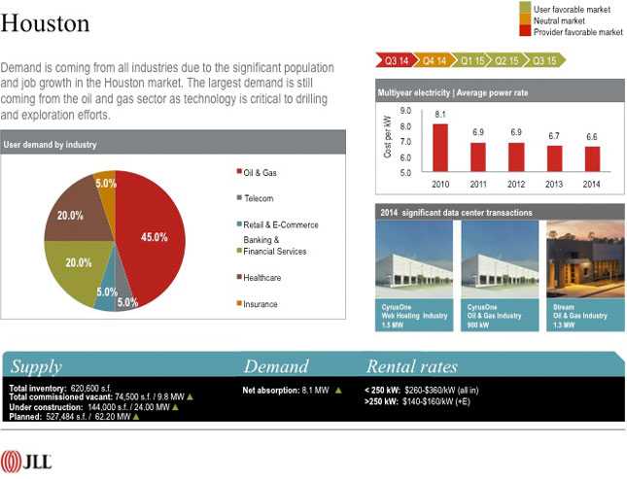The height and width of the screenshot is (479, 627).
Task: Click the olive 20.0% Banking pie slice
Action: point(78,267)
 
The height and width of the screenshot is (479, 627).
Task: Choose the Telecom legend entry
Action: point(259,198)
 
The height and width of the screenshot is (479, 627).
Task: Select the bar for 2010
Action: point(440,147)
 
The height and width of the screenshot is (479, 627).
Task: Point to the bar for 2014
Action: point(591,158)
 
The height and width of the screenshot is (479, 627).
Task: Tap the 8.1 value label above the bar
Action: point(440,115)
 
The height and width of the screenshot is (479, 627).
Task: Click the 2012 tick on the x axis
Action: point(516,183)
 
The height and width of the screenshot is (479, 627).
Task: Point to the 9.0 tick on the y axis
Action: point(404,111)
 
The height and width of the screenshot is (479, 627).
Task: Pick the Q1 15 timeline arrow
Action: point(472,60)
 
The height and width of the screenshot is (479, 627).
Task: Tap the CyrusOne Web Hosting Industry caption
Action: point(413,316)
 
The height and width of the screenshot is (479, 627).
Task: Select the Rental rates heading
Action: point(411,366)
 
